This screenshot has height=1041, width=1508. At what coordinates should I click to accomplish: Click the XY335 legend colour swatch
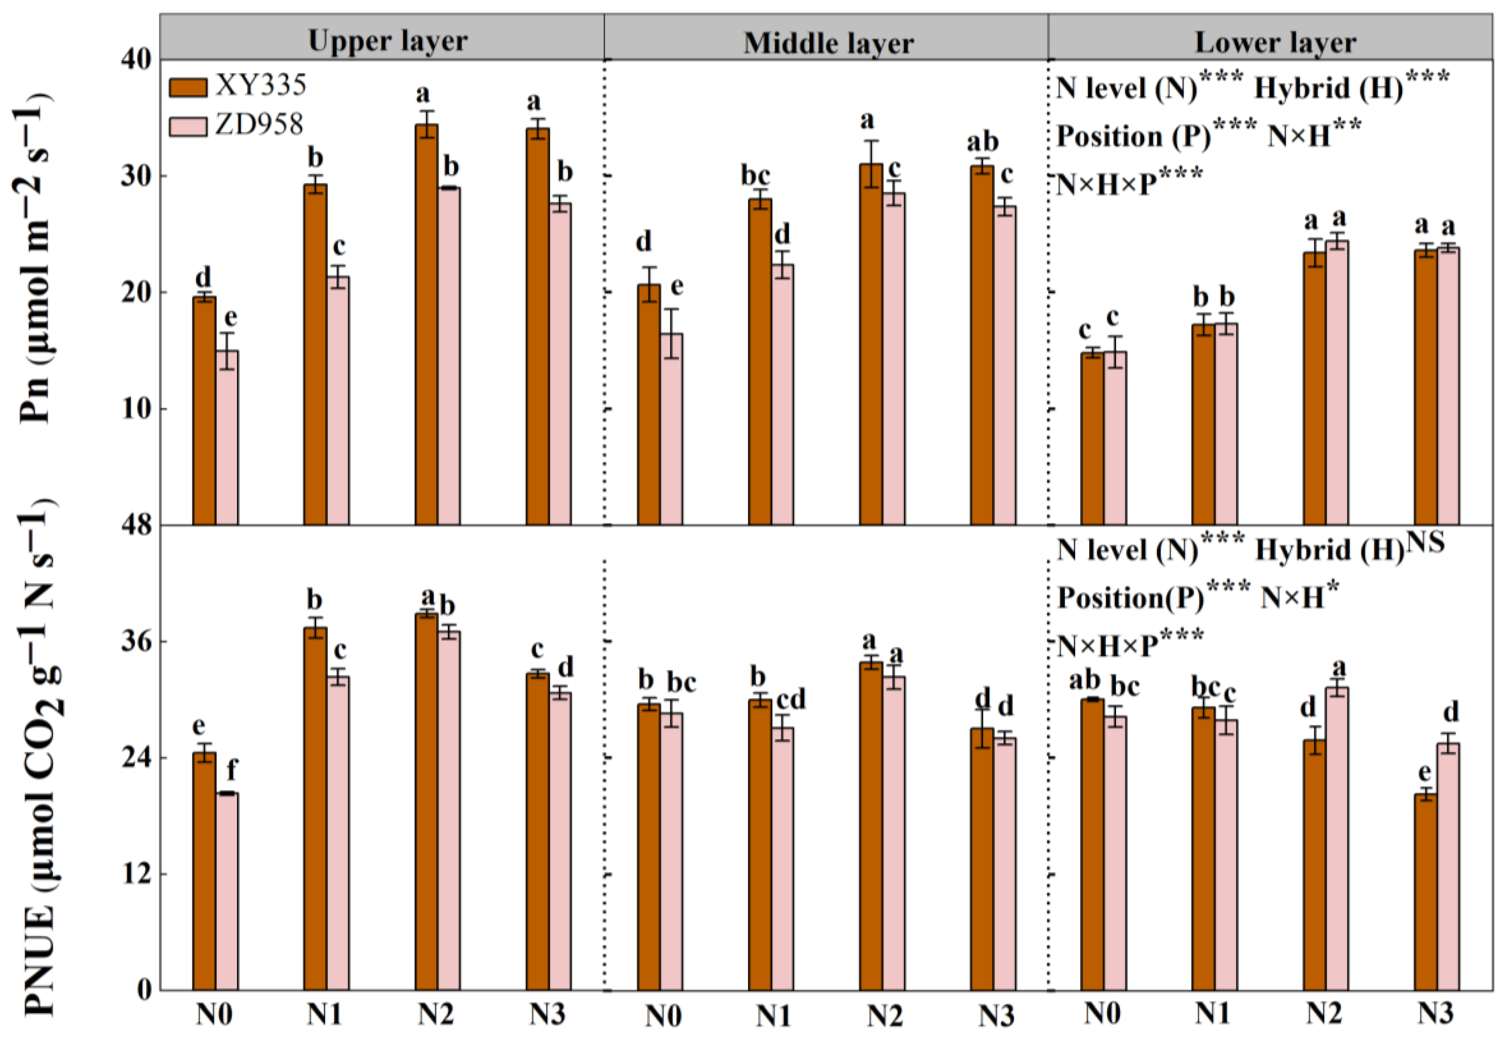[188, 87]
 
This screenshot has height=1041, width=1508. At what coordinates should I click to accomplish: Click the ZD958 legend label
[260, 124]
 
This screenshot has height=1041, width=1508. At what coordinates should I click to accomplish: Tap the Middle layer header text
[828, 43]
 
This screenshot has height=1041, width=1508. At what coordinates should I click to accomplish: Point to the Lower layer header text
[1275, 43]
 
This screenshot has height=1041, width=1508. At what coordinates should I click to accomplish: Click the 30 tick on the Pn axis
[135, 176]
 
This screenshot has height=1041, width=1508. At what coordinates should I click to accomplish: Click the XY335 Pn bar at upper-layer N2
[426, 326]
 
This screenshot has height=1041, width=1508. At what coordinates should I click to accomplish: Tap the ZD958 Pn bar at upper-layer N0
[227, 437]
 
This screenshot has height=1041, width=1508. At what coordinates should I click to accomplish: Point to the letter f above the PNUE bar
[231, 771]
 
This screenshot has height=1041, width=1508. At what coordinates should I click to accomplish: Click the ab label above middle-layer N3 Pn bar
[982, 142]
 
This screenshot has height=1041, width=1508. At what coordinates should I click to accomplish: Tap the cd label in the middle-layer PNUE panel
[790, 699]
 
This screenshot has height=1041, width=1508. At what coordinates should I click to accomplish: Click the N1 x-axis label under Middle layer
[773, 1015]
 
